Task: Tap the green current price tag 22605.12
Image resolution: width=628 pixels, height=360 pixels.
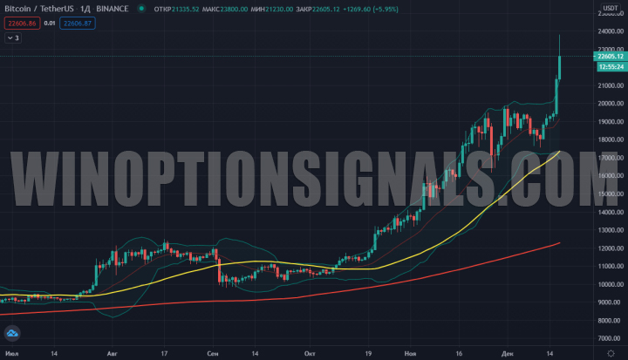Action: (x=609, y=57)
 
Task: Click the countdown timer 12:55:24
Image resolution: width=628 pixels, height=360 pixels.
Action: (x=609, y=66)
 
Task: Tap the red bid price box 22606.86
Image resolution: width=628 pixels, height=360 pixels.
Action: (x=20, y=24)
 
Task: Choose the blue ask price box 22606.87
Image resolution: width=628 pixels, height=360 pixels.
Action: (x=77, y=24)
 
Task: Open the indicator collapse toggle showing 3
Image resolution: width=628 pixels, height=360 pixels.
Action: (x=13, y=37)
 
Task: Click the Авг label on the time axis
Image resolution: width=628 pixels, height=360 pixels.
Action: (x=110, y=354)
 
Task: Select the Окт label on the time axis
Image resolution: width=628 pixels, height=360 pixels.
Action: (x=310, y=354)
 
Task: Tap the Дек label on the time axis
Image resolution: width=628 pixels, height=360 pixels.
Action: (x=509, y=354)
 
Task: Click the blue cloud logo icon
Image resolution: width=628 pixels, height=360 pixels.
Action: (x=12, y=333)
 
